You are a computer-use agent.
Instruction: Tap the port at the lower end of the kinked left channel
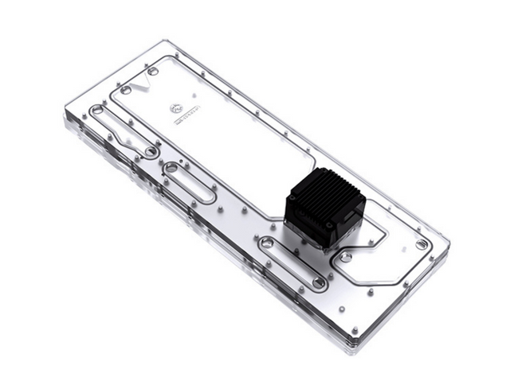click(151, 150)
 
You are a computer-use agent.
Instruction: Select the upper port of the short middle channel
click(171, 168)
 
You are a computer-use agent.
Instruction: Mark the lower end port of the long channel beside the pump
click(319, 282)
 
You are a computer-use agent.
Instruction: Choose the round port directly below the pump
click(345, 257)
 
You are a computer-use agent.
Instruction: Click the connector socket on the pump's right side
click(351, 220)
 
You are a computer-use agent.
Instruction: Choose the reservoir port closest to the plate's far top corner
click(153, 71)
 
